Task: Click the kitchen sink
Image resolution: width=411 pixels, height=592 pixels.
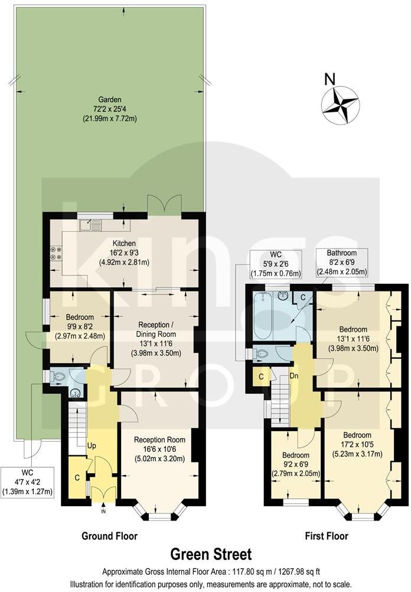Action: (93, 224)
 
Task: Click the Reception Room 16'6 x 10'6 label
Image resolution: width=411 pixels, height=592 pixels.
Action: (159, 449)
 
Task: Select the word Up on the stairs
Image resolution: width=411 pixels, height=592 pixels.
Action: (93, 445)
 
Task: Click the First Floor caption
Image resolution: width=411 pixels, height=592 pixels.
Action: (326, 536)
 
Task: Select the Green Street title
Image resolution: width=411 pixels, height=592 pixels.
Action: (211, 555)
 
